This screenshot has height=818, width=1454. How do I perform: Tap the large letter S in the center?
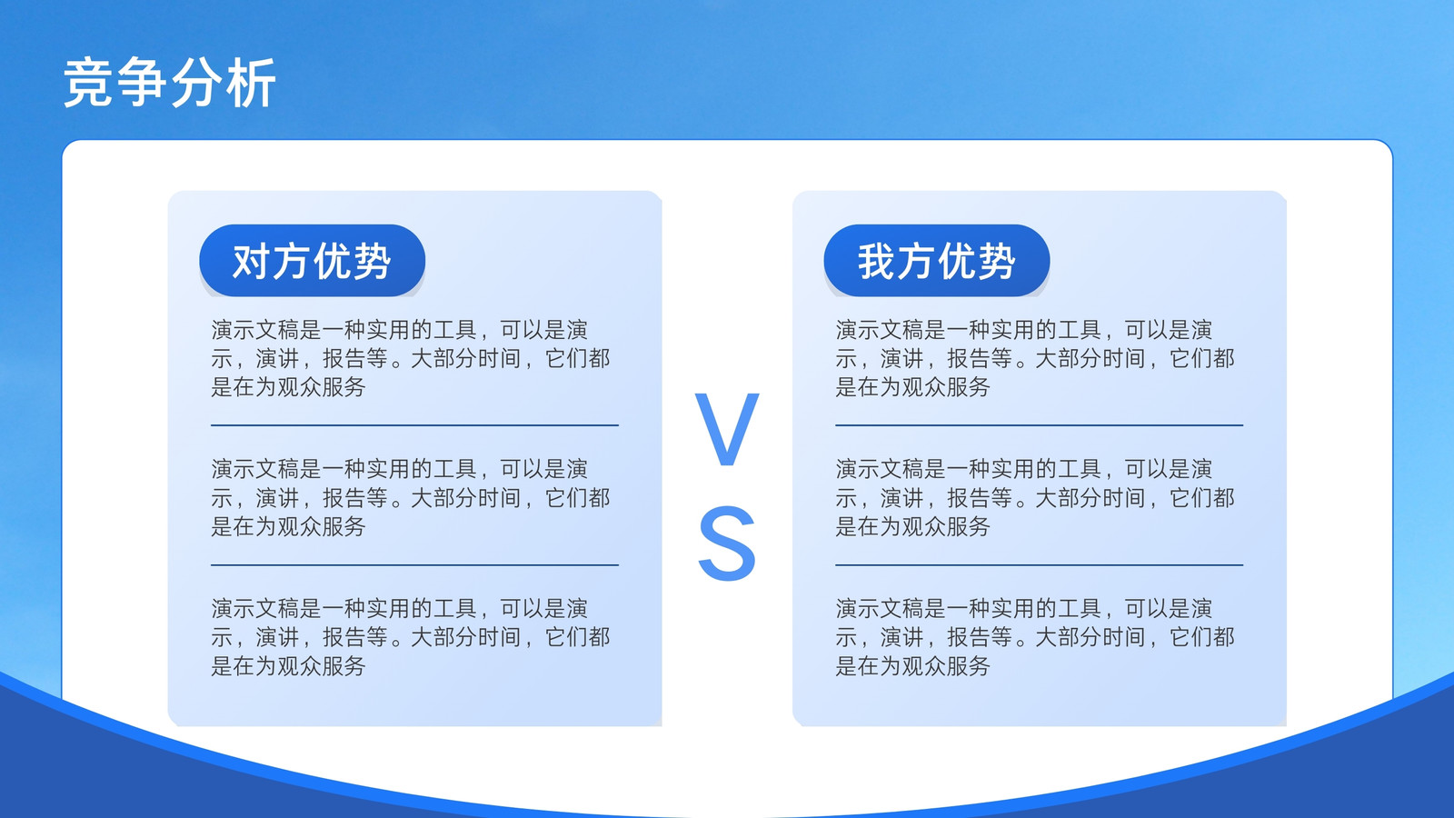point(727,544)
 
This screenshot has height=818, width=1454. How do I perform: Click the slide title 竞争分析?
point(169,83)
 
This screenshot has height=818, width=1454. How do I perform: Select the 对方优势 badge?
point(313,260)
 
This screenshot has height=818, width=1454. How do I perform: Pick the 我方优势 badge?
point(937,260)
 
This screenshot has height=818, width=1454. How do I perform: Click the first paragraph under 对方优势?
point(410,358)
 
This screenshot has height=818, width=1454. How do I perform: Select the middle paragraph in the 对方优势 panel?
point(410,497)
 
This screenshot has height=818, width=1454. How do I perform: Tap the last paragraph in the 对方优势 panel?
point(410,637)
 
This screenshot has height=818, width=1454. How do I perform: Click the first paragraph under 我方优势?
point(1035,358)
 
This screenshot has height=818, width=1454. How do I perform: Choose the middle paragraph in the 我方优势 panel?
point(1035,497)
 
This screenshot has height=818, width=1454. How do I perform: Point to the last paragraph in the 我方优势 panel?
point(1035,637)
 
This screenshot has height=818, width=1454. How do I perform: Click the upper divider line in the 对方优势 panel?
point(414,425)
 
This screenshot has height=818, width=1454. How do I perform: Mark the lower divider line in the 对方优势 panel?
point(414,564)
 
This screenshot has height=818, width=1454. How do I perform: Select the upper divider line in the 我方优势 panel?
point(1040,425)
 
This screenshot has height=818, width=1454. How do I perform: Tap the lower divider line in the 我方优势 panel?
point(1040,564)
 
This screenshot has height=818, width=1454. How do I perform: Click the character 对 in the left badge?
point(252,261)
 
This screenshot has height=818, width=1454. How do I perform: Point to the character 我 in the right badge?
point(877,261)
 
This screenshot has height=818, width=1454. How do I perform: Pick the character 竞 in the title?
point(89,83)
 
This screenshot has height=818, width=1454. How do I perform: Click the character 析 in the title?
point(251,83)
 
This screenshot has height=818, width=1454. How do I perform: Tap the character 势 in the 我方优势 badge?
point(996,261)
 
